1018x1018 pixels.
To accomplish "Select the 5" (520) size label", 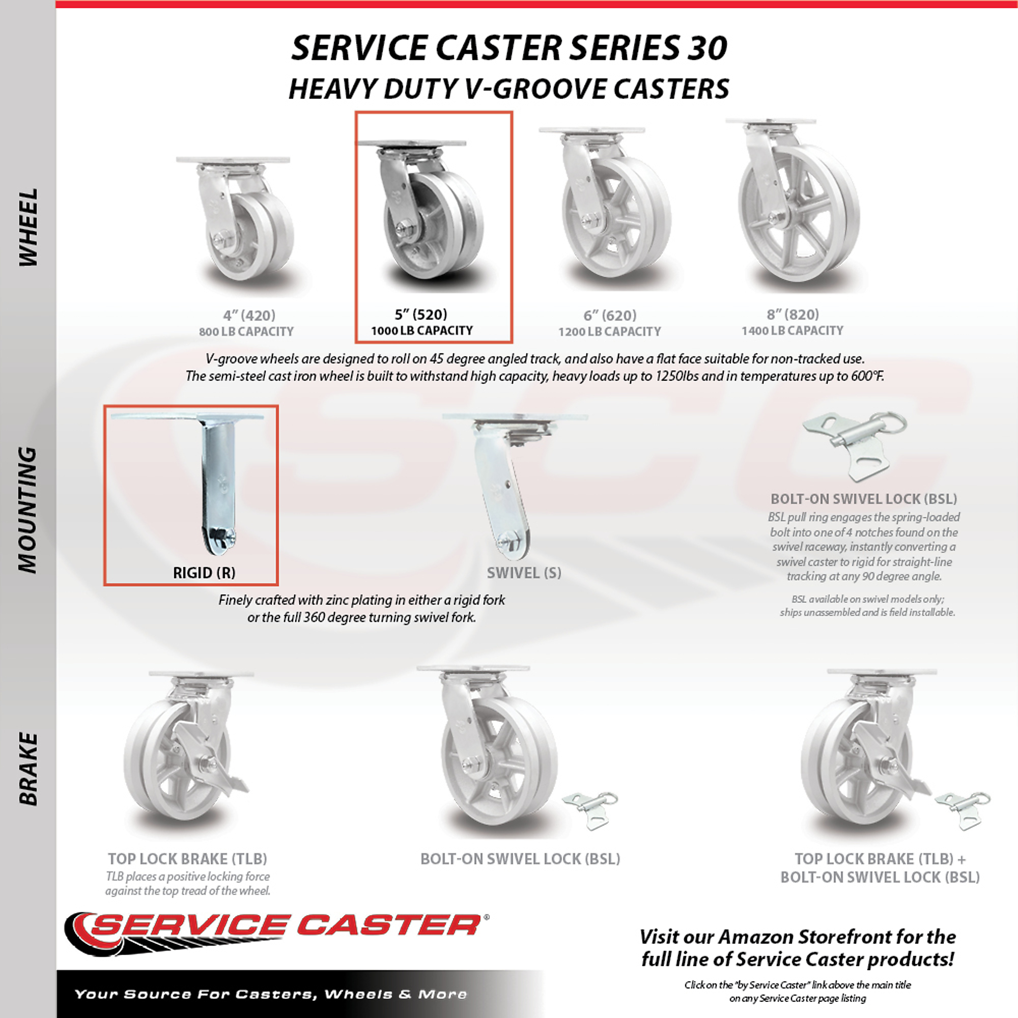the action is (x=421, y=315).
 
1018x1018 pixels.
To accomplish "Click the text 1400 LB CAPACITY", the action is (x=793, y=331).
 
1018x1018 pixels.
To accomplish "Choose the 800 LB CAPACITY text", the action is (x=246, y=332).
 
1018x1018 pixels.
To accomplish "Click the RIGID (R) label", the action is (x=205, y=573).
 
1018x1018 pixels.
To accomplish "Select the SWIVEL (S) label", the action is (x=524, y=573).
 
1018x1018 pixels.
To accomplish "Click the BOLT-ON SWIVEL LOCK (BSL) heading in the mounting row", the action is (x=864, y=499).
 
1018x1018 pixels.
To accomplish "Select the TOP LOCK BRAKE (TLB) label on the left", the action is (x=188, y=859).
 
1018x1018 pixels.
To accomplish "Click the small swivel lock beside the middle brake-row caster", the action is (x=590, y=810).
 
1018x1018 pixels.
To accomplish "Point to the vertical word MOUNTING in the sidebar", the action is (x=28, y=510).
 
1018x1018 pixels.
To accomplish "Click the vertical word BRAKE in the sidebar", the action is (x=28, y=769).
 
